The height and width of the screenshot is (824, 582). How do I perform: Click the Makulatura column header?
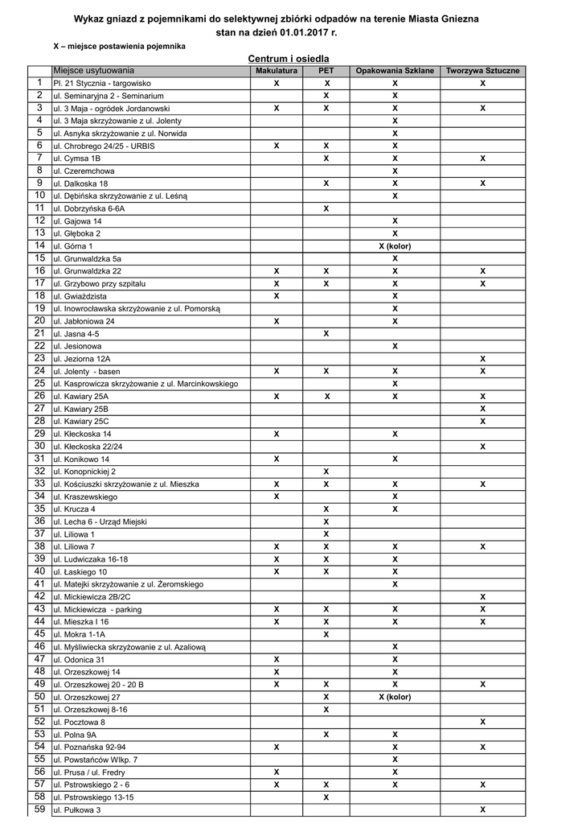(x=277, y=71)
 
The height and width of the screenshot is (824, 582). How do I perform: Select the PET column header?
(x=326, y=71)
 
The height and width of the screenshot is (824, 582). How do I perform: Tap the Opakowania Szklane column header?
(x=395, y=71)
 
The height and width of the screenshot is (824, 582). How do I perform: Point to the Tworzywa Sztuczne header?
(x=482, y=71)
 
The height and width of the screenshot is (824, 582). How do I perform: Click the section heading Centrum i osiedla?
(x=289, y=59)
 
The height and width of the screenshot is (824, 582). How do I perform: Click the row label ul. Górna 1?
(x=73, y=246)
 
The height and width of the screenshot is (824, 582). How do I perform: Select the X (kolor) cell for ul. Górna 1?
(x=395, y=246)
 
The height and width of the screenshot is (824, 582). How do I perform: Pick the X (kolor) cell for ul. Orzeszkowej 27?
(x=395, y=697)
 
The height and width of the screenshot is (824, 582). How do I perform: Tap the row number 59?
(x=39, y=810)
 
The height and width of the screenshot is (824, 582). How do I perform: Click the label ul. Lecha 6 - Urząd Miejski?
(x=100, y=521)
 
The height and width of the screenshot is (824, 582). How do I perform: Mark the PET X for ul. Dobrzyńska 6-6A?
(x=326, y=208)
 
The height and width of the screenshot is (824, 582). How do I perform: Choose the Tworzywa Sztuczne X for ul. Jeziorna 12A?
(x=482, y=359)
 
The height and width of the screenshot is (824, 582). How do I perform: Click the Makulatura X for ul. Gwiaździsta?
(x=277, y=296)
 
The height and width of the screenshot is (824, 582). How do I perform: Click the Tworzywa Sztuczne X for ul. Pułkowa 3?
(x=482, y=810)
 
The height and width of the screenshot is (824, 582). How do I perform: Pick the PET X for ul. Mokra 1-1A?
(x=326, y=634)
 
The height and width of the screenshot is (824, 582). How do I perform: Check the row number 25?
(x=39, y=384)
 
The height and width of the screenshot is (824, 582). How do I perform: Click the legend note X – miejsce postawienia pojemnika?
(x=119, y=47)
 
